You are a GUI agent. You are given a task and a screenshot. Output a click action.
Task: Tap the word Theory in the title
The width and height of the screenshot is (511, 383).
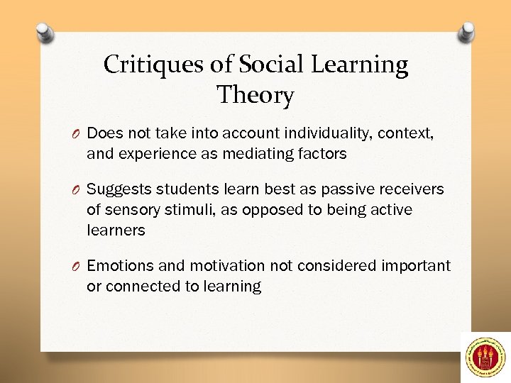(x=255, y=94)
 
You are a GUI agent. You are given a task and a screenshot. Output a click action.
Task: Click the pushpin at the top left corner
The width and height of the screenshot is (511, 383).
(x=45, y=32)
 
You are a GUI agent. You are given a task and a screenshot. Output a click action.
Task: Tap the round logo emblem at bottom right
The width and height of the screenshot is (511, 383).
(x=485, y=355)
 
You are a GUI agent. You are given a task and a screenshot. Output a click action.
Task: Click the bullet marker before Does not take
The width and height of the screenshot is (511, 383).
(x=76, y=133)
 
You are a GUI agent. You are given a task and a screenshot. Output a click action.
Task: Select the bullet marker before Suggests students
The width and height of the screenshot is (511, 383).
(x=76, y=190)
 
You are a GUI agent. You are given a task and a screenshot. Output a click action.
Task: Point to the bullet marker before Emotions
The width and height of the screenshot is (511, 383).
(x=76, y=266)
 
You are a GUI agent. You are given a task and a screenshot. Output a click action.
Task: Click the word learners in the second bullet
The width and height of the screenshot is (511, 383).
(x=116, y=230)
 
